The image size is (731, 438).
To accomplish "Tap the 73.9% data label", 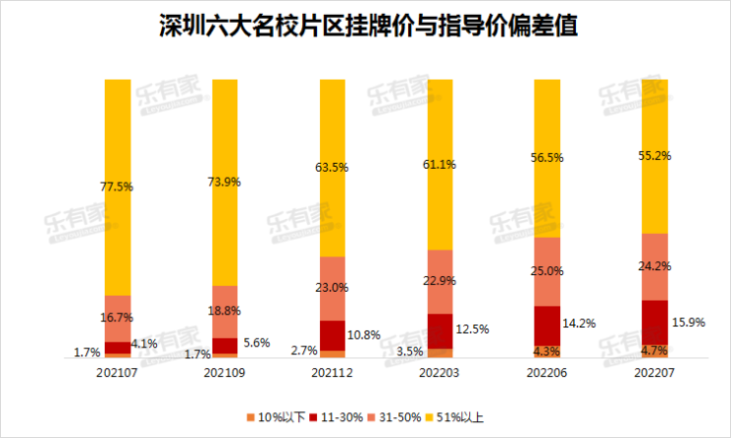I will [225, 182].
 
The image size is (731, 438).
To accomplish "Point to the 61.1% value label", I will [441, 164].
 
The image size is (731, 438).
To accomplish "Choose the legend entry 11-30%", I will [337, 417].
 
